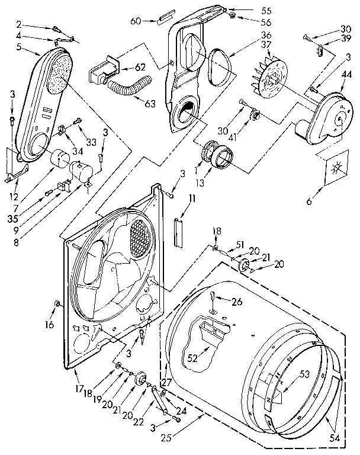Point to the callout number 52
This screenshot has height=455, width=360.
(193, 358)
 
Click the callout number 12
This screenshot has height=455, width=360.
(14, 196)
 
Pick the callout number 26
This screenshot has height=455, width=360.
(237, 302)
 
